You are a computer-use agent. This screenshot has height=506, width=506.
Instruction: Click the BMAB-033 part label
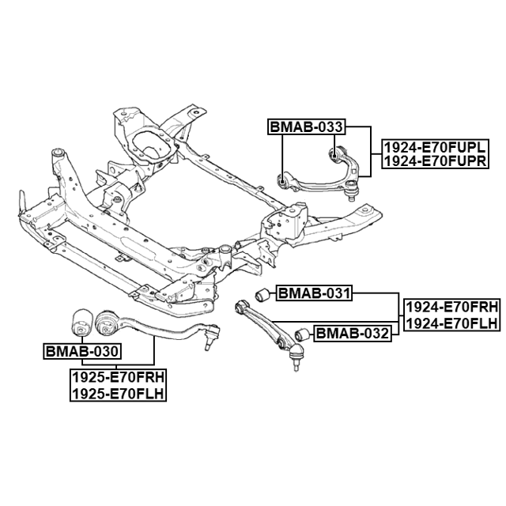[x=306, y=126]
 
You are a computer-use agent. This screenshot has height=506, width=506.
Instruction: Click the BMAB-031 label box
[x=312, y=294]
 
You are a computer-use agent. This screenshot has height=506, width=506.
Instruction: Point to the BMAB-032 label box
[x=353, y=334]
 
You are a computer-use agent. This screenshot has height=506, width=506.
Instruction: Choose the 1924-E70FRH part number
[x=451, y=308]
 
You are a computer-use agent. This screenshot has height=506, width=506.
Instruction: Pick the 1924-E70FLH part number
[x=451, y=323]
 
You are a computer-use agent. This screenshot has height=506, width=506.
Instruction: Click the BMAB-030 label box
[x=82, y=351]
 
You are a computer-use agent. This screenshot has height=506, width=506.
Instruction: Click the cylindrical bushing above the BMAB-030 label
[x=80, y=321]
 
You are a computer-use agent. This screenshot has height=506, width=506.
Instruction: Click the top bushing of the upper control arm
[x=334, y=152]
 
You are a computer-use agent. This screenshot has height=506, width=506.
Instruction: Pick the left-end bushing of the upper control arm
[x=283, y=183]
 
